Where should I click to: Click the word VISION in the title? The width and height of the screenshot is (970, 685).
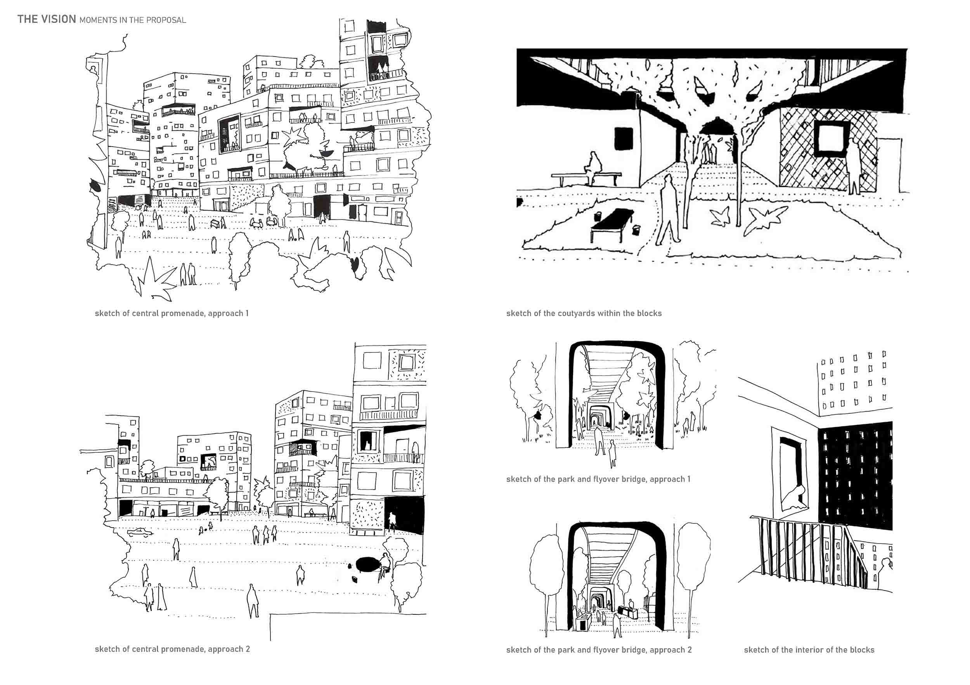pyautogui.click(x=58, y=19)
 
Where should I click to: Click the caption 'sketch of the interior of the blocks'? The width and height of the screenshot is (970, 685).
pyautogui.click(x=809, y=650)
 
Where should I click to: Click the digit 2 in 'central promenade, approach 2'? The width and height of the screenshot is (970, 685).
pyautogui.click(x=248, y=649)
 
